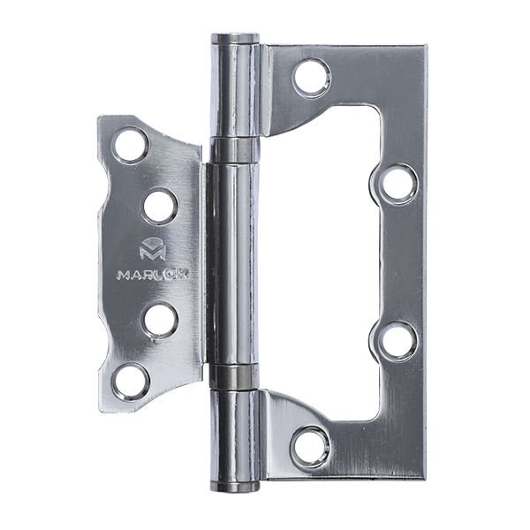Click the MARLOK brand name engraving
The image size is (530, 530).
[x=152, y=275]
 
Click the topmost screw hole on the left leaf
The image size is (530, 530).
[x=131, y=145]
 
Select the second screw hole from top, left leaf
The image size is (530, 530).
[x=160, y=207]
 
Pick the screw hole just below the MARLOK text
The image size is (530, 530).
[x=161, y=320]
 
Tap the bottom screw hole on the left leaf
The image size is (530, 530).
[x=131, y=382]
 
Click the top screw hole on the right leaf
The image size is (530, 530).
[x=312, y=78]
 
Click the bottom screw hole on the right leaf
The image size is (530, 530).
[x=311, y=446]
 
